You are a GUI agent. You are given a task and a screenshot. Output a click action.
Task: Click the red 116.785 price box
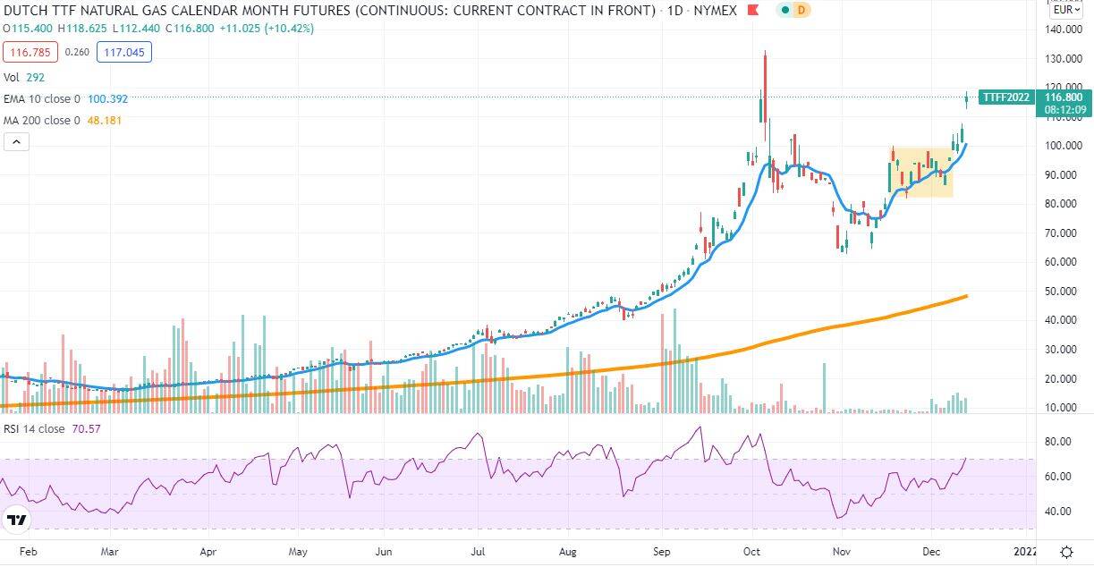(x=30, y=52)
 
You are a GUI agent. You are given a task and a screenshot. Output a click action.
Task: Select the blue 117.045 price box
(x=124, y=52)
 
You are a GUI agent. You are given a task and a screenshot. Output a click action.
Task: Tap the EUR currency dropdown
(x=1066, y=10)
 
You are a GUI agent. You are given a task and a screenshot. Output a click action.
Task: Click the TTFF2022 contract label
(x=1006, y=97)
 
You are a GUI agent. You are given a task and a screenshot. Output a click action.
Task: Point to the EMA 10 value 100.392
(x=107, y=99)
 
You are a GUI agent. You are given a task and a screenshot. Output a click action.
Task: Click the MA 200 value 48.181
(x=104, y=121)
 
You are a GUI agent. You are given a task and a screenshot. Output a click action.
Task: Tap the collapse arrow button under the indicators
(x=17, y=142)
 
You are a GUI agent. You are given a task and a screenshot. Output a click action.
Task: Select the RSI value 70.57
(x=86, y=429)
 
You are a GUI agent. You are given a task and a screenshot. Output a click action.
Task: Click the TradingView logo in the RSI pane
(x=17, y=520)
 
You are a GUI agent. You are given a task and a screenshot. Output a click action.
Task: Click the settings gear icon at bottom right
(x=1066, y=553)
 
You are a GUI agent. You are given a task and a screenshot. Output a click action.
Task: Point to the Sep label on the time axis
(x=662, y=552)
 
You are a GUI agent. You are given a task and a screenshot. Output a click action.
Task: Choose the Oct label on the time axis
(x=751, y=552)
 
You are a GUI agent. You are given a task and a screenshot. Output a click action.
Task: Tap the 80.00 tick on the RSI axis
(x=1058, y=442)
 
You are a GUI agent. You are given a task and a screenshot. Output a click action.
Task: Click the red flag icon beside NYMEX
(x=752, y=10)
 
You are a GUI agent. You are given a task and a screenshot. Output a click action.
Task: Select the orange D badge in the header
(x=801, y=10)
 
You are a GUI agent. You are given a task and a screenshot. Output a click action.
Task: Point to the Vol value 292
(x=36, y=78)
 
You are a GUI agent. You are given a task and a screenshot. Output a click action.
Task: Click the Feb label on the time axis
(x=29, y=552)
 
